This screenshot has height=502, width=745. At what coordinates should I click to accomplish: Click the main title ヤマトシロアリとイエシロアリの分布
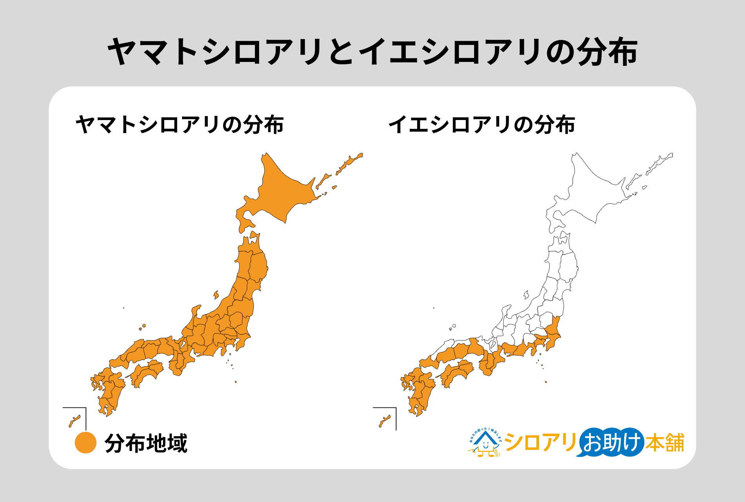click(x=372, y=52)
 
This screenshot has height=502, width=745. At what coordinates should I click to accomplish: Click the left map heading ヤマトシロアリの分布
click(x=180, y=125)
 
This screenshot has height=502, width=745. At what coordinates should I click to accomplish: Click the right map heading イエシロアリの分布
click(x=482, y=125)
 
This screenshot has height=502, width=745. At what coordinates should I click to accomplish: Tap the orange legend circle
click(x=85, y=443)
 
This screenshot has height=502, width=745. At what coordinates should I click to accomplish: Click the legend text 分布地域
click(x=146, y=444)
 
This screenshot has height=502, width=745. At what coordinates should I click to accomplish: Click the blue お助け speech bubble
click(x=611, y=442)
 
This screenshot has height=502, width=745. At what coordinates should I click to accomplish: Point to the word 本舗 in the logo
click(x=665, y=443)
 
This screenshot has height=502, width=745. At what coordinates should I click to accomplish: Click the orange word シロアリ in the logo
click(x=540, y=443)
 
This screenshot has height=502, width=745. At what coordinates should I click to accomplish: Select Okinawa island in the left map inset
click(x=74, y=421)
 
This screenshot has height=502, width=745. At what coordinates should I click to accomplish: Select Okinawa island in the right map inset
click(x=385, y=421)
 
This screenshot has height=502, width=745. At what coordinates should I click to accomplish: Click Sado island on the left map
click(x=216, y=295)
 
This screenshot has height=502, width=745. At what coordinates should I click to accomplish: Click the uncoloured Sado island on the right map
click(x=526, y=295)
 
